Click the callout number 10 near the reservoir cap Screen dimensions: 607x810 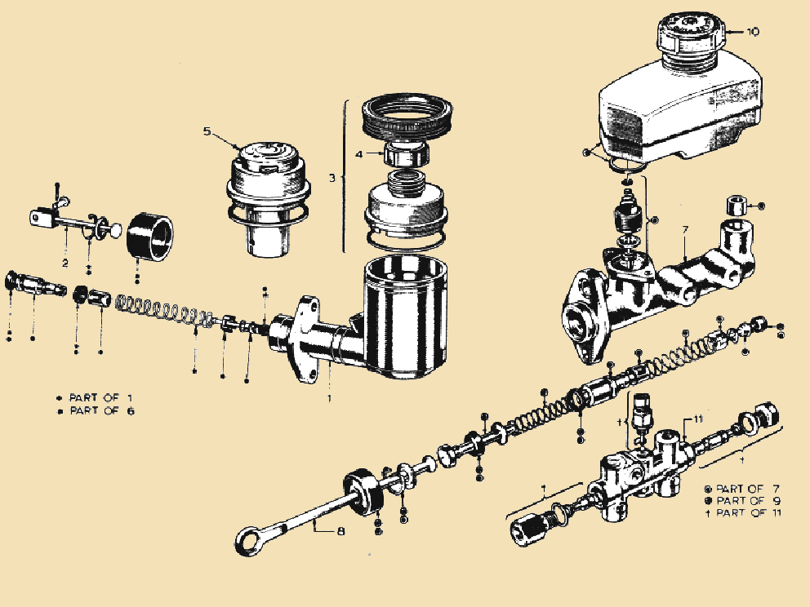(752, 33)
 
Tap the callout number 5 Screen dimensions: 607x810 (207, 130)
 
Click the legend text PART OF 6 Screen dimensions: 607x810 (101, 410)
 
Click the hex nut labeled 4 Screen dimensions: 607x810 (407, 151)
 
